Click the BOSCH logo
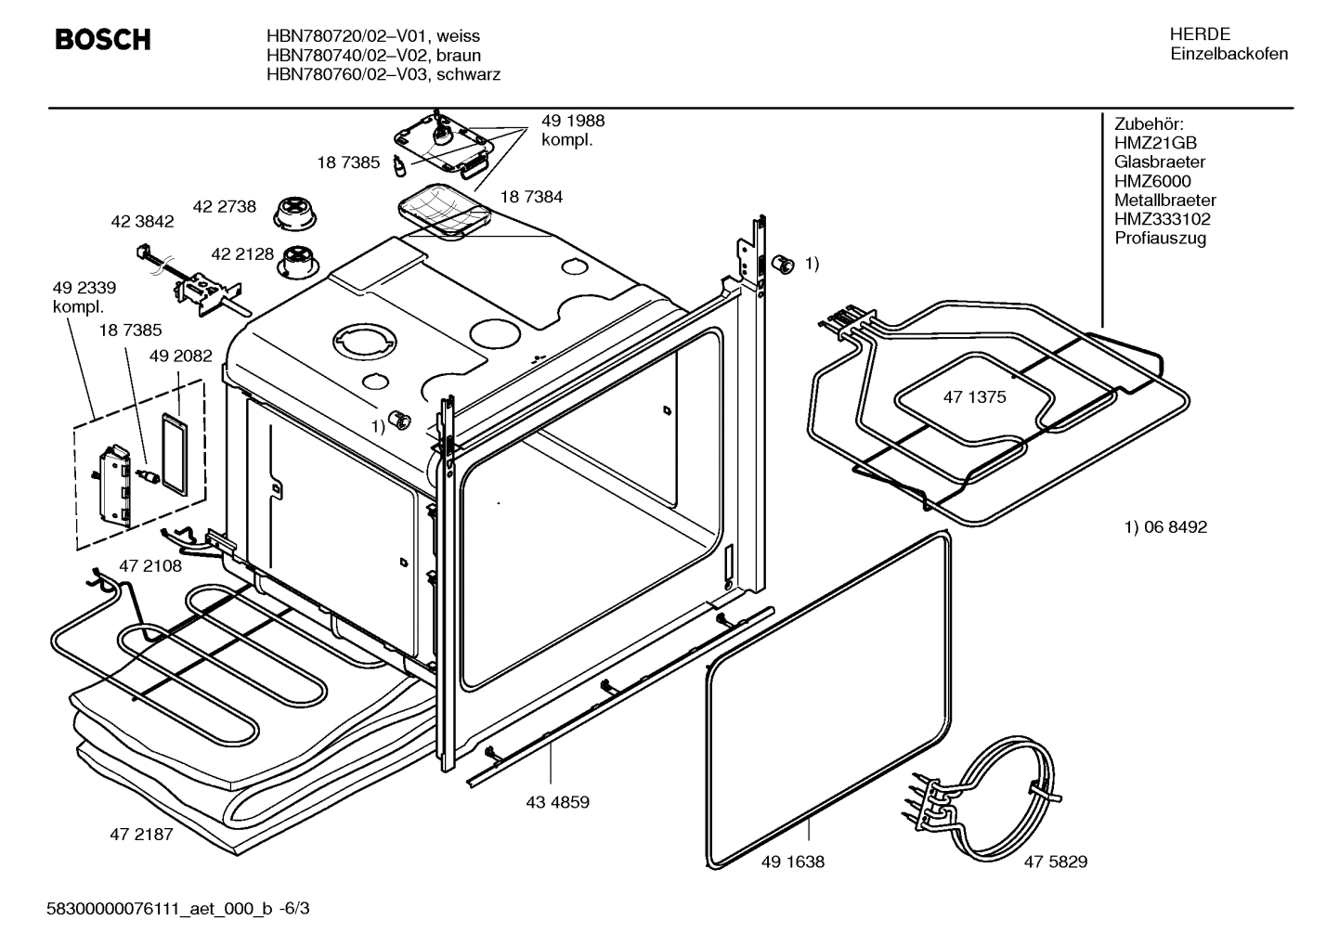coord(102,40)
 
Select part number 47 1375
coord(974,397)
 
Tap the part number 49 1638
coord(792,862)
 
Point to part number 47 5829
coord(1056,862)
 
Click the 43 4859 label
coord(557,802)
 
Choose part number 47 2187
coord(141,835)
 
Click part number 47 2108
coord(150,565)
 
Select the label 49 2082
coord(181,356)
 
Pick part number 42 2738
coord(224,207)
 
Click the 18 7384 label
coord(531,197)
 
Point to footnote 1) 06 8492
coord(1165,527)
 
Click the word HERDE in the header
coord(1200,34)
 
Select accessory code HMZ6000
coord(1152,181)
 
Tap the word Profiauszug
coord(1160,239)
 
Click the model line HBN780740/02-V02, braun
coord(373,56)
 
